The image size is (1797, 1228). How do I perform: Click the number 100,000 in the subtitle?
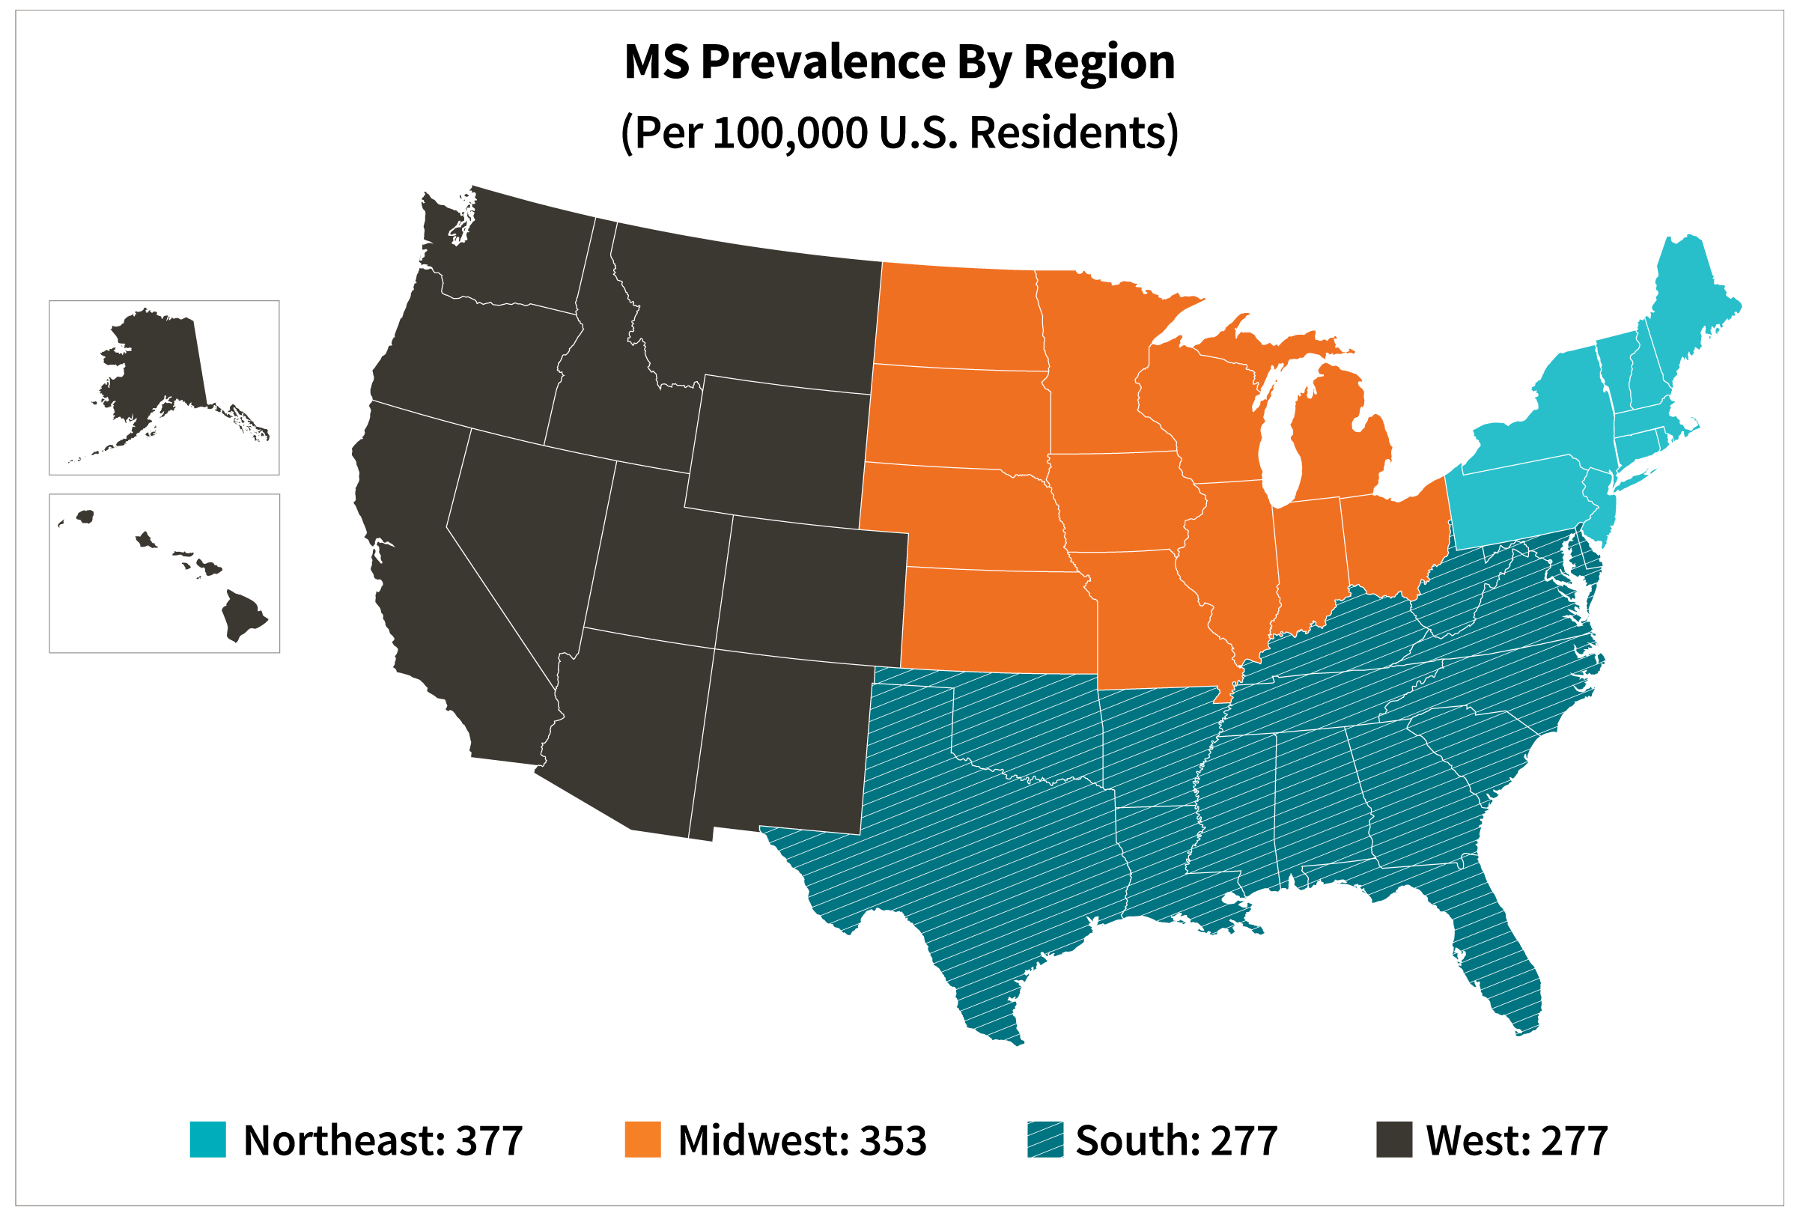click(790, 133)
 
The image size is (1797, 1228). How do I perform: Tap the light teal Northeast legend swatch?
click(207, 1139)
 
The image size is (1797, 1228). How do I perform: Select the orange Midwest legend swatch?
click(642, 1139)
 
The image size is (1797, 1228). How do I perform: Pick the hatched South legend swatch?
click(1045, 1139)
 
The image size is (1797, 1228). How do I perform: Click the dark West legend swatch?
click(1393, 1139)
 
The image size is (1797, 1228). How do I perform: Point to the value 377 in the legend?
click(489, 1140)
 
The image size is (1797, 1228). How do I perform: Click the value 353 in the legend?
click(893, 1140)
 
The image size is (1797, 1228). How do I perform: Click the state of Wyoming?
click(777, 452)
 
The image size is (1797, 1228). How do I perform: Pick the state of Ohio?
click(1392, 541)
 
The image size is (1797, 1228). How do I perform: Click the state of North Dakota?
click(959, 317)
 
